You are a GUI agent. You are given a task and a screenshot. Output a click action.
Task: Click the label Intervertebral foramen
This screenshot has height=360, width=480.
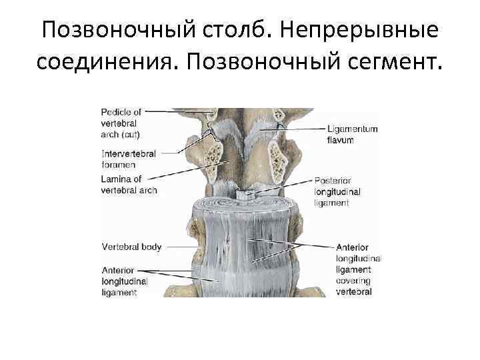coord(128,159)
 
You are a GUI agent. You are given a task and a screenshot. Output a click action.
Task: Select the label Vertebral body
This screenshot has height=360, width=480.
coord(131,247)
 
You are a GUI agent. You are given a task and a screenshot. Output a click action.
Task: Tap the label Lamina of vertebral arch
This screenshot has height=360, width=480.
coord(129,185)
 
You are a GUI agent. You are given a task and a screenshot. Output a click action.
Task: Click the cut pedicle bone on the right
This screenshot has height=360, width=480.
coord(278,157)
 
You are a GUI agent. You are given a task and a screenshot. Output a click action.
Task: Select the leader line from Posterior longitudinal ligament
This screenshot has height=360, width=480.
coord(283,185)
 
